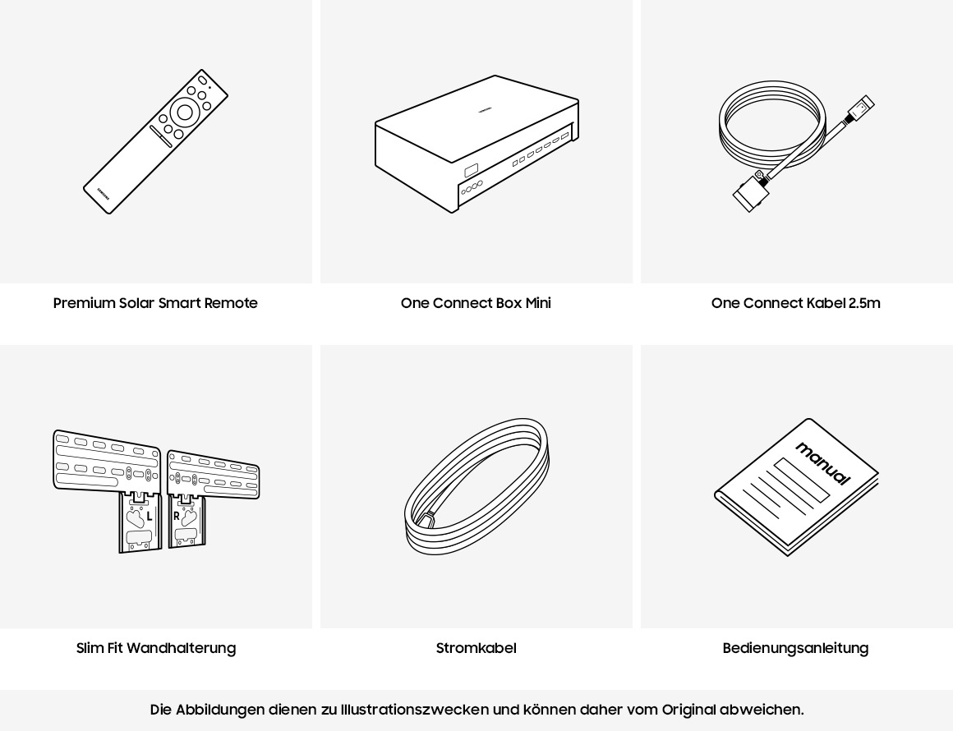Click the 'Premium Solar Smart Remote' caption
[x=155, y=303]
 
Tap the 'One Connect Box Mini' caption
[x=476, y=303]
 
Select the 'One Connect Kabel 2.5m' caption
[x=795, y=303]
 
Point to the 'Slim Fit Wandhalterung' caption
[x=156, y=648]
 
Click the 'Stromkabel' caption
[x=476, y=648]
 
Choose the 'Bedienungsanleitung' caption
[x=795, y=648]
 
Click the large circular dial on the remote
[x=185, y=113]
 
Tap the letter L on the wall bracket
[x=150, y=517]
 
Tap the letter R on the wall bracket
[x=176, y=517]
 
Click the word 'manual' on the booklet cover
[x=822, y=463]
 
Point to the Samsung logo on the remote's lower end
[x=103, y=191]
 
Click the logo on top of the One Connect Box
[x=484, y=108]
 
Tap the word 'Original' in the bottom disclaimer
[x=688, y=710]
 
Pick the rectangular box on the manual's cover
[x=802, y=480]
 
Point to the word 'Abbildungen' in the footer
[x=220, y=710]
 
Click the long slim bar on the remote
[x=161, y=136]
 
